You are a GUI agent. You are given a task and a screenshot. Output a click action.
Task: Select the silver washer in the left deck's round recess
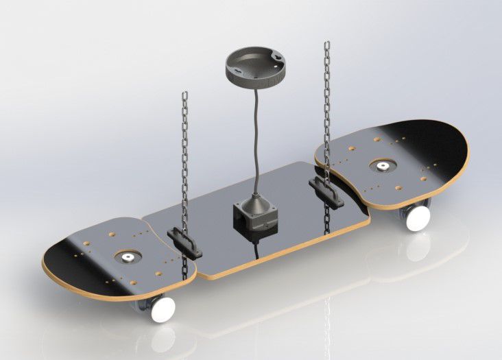128,257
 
